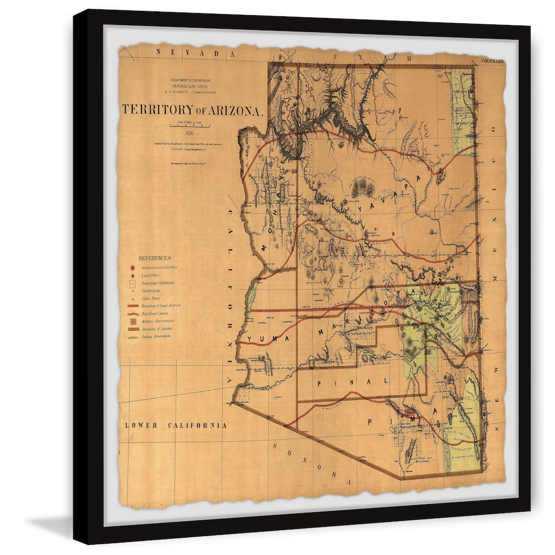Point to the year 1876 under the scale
tap(189, 133)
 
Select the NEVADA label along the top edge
tap(190, 53)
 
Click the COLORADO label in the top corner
tap(492, 62)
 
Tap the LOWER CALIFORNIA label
tap(176, 425)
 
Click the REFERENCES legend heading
tap(154, 258)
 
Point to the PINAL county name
tap(353, 382)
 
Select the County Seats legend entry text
tap(153, 291)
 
